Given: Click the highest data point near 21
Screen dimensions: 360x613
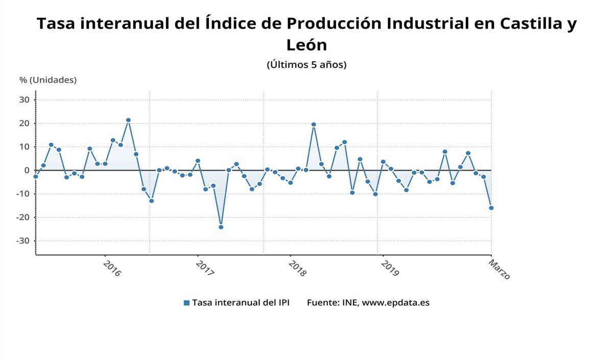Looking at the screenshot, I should point(128,120).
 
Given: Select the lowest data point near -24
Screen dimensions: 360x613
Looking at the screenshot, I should point(221,227).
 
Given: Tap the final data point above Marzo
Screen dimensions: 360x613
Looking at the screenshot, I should point(491,208).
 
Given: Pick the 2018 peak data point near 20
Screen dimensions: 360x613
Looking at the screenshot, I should point(314,124).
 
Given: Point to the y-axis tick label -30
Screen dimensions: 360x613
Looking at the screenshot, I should point(23,241).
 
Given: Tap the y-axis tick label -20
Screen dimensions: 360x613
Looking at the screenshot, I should point(23,218).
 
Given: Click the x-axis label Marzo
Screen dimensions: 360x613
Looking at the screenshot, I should point(499,269).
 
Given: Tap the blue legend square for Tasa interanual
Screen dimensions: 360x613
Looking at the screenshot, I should point(186,303).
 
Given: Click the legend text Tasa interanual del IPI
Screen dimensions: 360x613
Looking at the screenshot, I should point(241,303).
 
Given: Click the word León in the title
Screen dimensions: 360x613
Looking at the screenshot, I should point(306,45).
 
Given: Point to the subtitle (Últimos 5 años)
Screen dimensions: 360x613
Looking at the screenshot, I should point(306,65).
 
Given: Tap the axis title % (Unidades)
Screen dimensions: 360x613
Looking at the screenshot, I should point(48,80).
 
